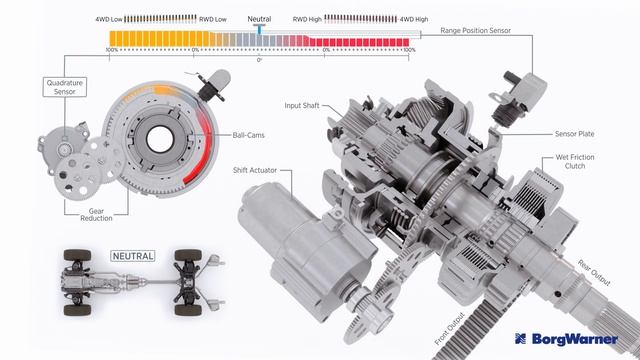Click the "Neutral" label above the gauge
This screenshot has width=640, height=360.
tap(259, 18)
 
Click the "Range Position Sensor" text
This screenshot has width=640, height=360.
tap(475, 31)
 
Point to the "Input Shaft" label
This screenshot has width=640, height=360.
tap(302, 105)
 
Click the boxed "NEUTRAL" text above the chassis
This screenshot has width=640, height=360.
tap(133, 256)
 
